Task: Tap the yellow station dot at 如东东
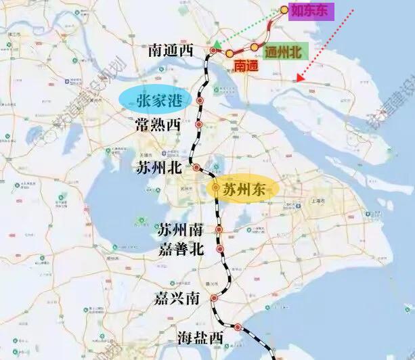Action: [284, 11]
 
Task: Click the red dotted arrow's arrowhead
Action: [300, 78]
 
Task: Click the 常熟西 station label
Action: [158, 125]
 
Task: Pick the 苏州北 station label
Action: [159, 168]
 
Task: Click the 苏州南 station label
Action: [179, 229]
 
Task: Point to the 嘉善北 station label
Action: [179, 248]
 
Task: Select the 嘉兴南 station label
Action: [176, 297]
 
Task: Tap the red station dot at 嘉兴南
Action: [214, 298]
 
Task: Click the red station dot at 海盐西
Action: [238, 328]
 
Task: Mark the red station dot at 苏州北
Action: [196, 167]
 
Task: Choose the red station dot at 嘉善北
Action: [220, 249]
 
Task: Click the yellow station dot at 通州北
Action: [255, 47]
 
